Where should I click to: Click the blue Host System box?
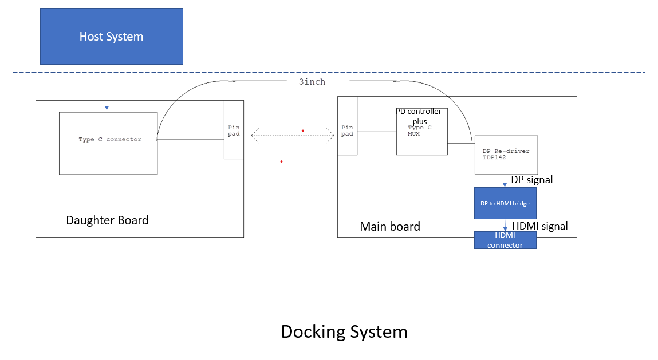pyautogui.click(x=112, y=36)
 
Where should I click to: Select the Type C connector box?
pyautogui.click(x=108, y=143)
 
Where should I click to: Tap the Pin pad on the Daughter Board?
pyautogui.click(x=234, y=130)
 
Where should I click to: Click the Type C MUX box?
pyautogui.click(x=421, y=137)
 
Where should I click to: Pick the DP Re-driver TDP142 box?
pyautogui.click(x=506, y=155)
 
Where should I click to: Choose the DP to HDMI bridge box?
pyautogui.click(x=505, y=203)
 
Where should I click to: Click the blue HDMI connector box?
pyautogui.click(x=505, y=240)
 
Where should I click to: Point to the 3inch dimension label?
pyautogui.click(x=312, y=82)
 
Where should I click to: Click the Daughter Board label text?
pyautogui.click(x=107, y=220)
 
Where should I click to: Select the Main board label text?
pyautogui.click(x=390, y=227)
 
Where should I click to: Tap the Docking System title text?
pyautogui.click(x=344, y=331)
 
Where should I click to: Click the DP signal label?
pyautogui.click(x=532, y=180)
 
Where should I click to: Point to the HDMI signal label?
pyautogui.click(x=540, y=226)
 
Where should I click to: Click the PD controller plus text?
pyautogui.click(x=419, y=116)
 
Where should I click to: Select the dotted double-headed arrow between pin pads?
pyautogui.click(x=293, y=136)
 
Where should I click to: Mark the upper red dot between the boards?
pyautogui.click(x=303, y=130)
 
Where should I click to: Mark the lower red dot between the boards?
pyautogui.click(x=281, y=161)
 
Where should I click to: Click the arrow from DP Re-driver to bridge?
pyautogui.click(x=505, y=181)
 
